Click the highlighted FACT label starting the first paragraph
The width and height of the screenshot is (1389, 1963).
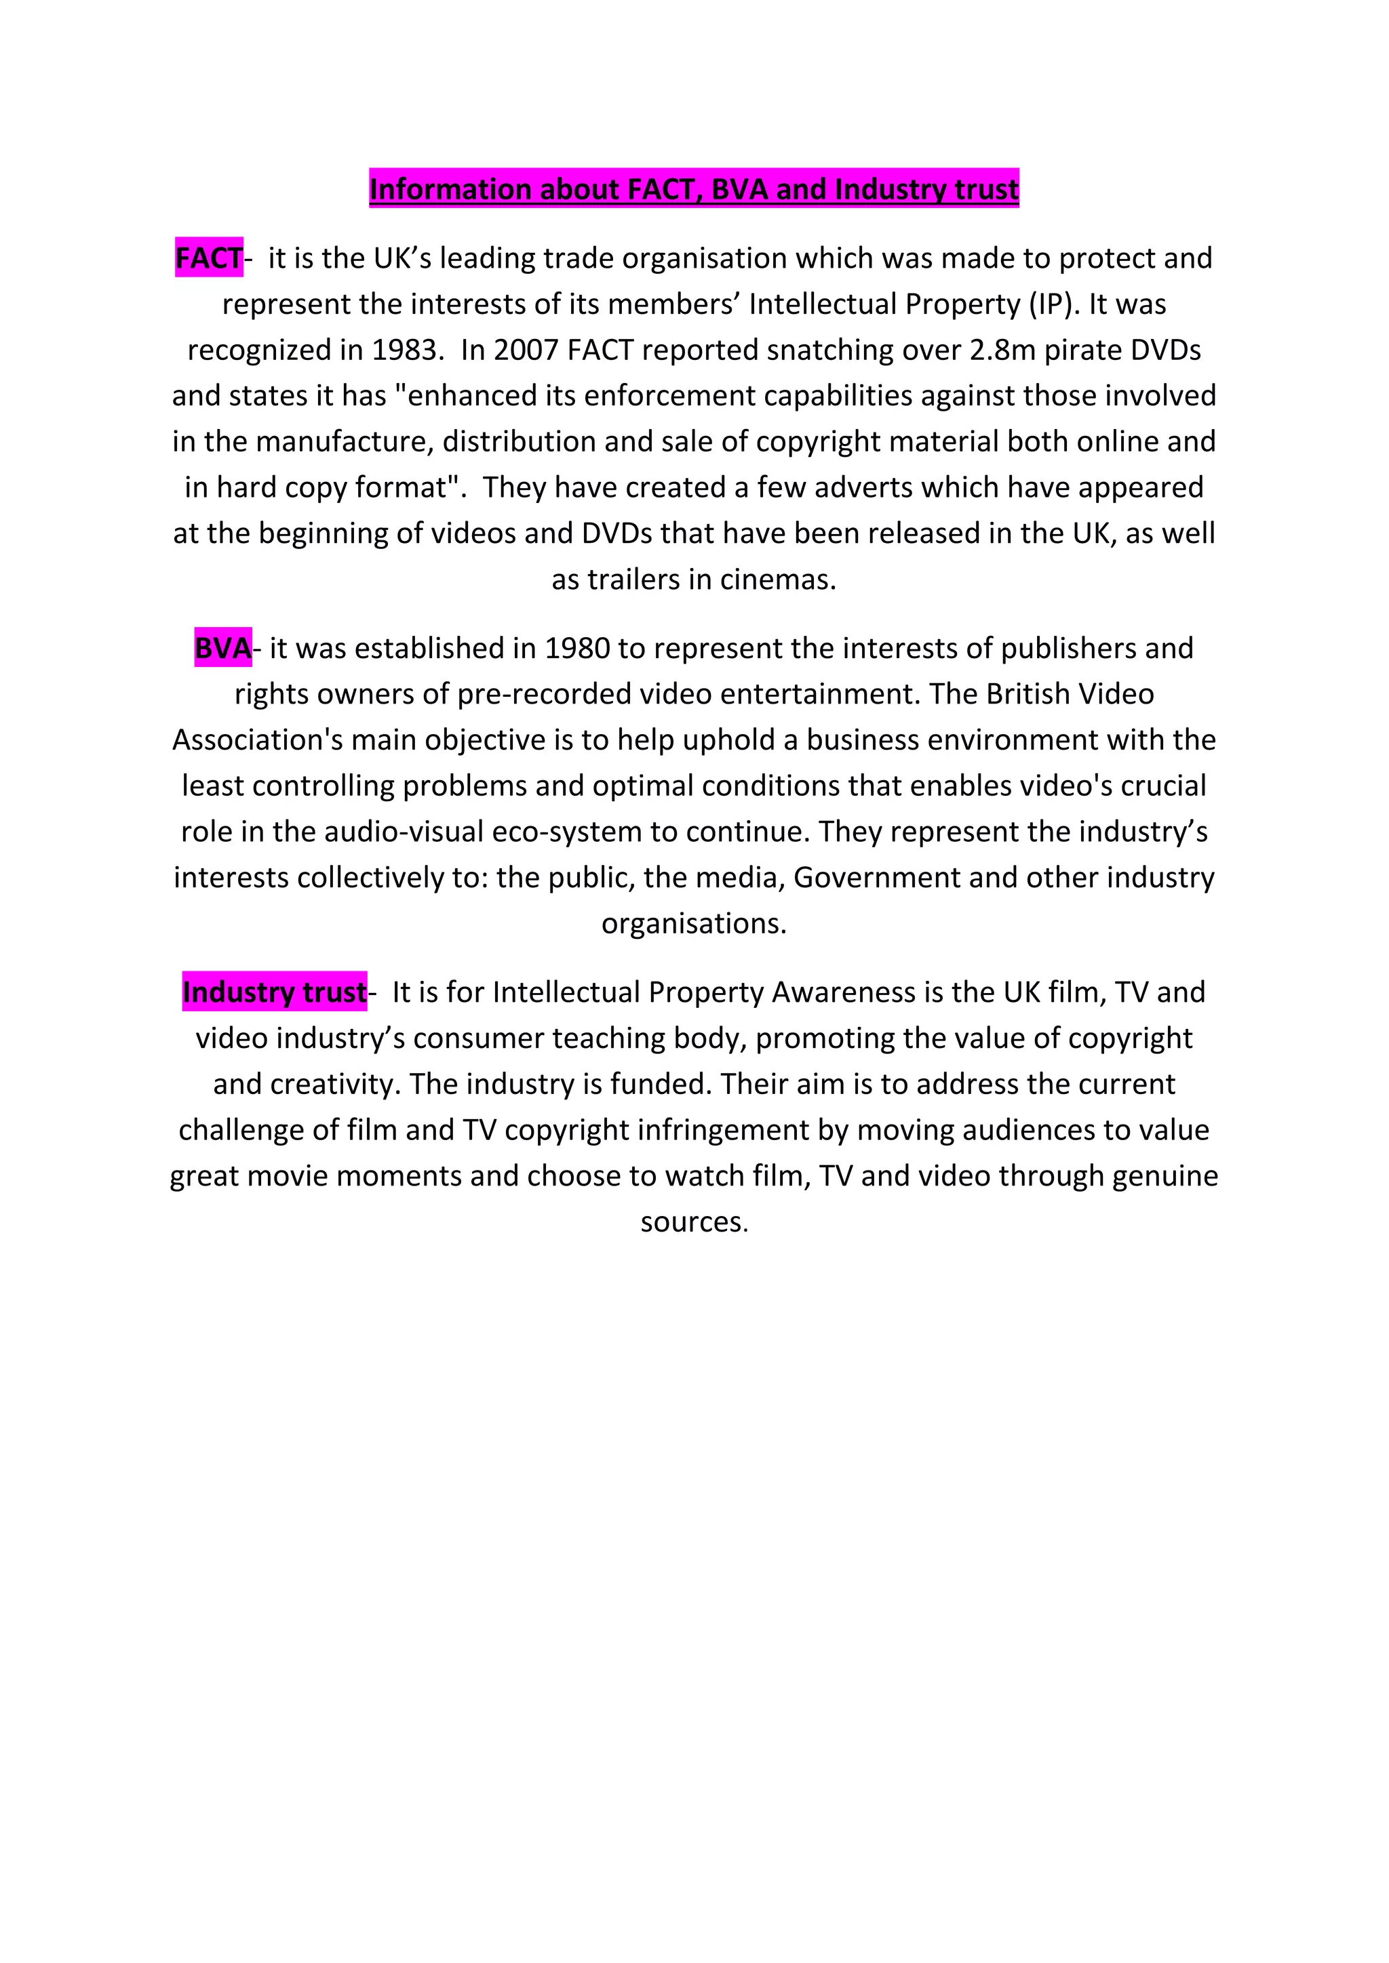click(x=209, y=258)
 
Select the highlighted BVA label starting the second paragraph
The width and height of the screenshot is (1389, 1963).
click(x=222, y=648)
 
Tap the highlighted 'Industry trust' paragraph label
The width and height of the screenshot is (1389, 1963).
click(x=274, y=992)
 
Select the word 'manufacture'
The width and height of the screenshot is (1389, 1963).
click(x=345, y=441)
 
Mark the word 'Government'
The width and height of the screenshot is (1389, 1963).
click(x=877, y=877)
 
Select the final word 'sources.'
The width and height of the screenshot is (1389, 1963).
click(x=694, y=1221)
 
